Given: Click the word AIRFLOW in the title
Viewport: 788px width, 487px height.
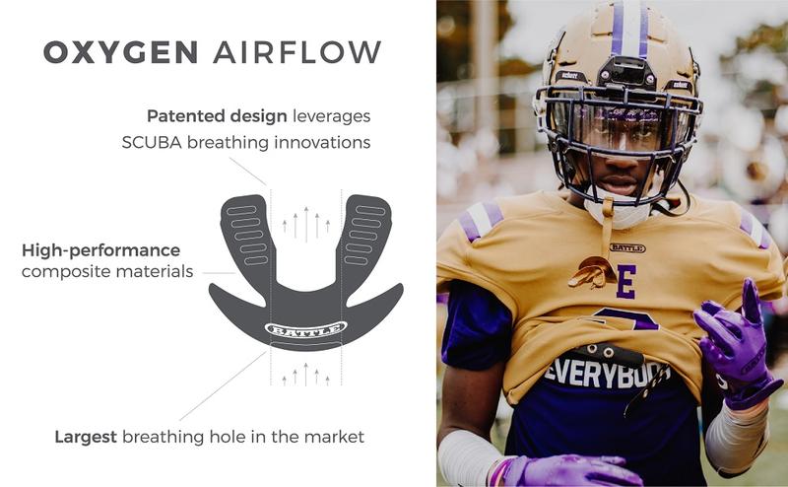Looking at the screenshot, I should [x=296, y=52].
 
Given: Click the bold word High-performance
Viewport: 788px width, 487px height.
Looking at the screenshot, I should [x=100, y=249].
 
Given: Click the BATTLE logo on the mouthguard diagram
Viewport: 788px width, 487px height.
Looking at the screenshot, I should [x=305, y=328].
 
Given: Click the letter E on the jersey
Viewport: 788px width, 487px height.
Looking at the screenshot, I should [x=625, y=282].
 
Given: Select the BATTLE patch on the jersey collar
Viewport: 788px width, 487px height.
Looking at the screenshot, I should [x=627, y=248].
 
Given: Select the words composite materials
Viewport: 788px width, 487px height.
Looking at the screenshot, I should [x=107, y=271].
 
